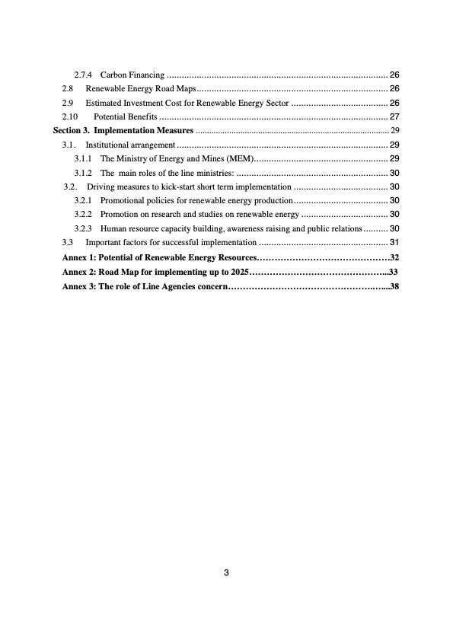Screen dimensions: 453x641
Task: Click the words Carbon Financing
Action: coord(132,75)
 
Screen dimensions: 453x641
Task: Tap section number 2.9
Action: coord(68,103)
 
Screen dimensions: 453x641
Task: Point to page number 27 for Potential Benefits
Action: coord(394,116)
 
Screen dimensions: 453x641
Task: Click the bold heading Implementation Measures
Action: coord(143,130)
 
